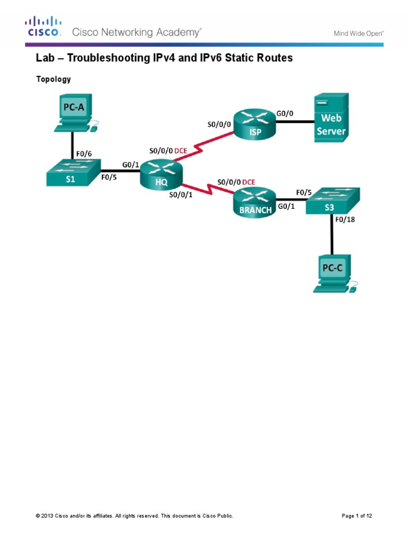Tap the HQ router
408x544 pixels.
coord(160,175)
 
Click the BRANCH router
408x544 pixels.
coord(253,202)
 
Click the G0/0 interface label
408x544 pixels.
coord(285,113)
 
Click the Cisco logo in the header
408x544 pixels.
coord(43,27)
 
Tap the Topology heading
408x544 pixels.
coord(53,79)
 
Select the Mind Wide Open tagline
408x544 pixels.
coord(358,33)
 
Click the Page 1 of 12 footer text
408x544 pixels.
coord(360,516)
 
